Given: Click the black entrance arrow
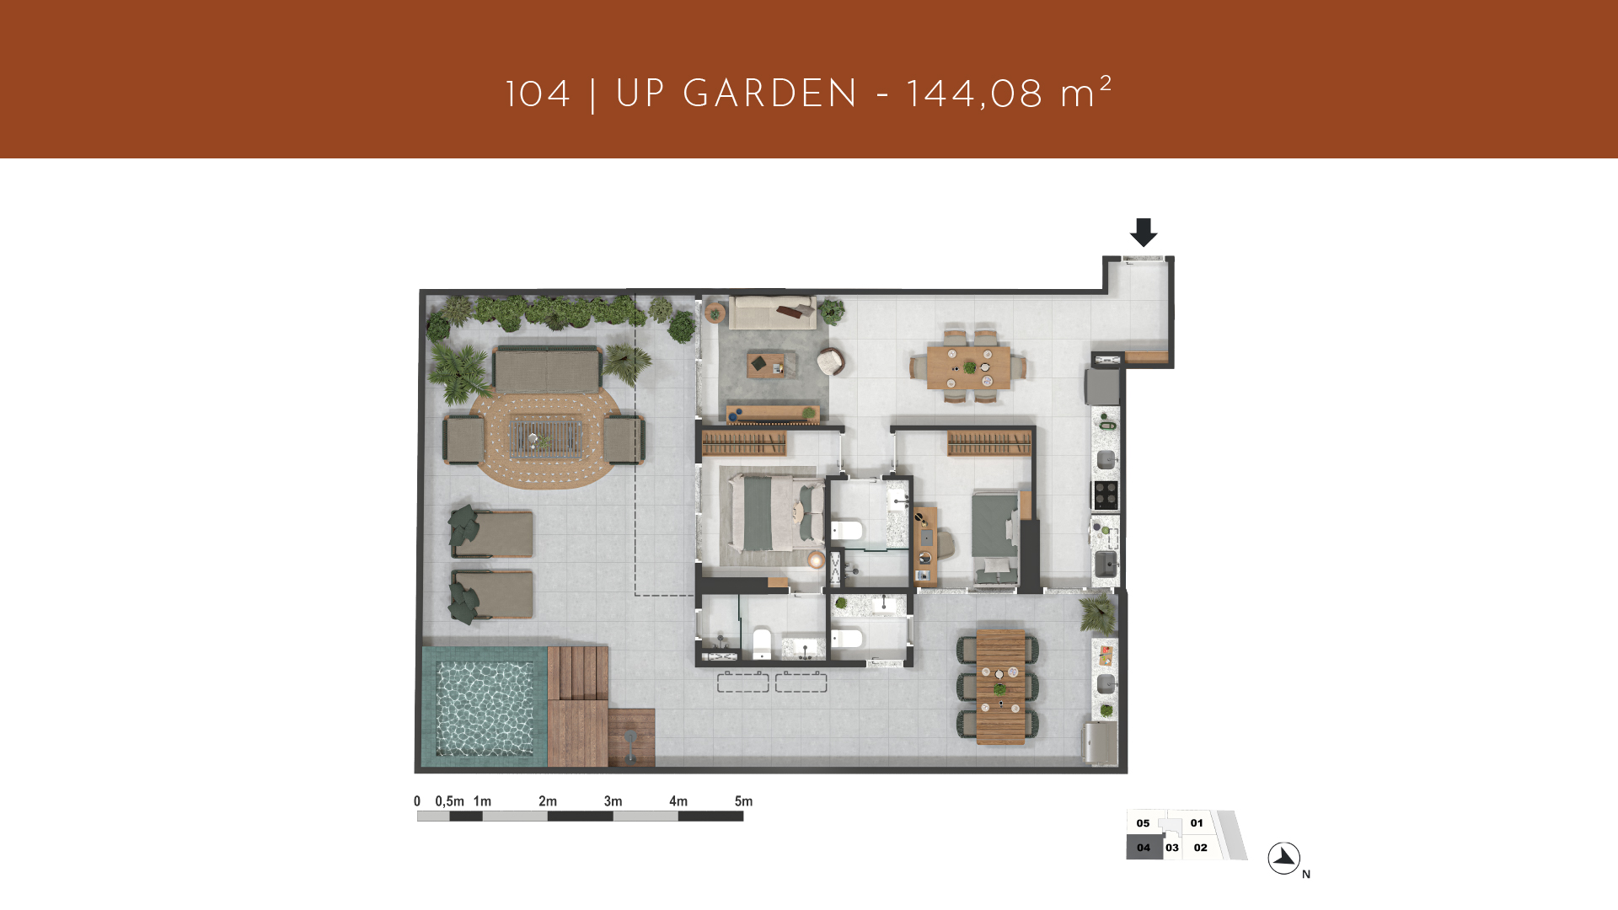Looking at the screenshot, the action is pos(1144,233).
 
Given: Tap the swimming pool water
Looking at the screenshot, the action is pos(485,708).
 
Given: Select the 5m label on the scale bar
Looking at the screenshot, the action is pos(743,801).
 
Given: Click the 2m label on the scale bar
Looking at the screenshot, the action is pos(548,801).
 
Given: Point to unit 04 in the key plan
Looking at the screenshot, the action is pos(1144,848).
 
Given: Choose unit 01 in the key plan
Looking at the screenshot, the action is pos(1197,823).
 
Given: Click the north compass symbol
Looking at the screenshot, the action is pos(1284,859).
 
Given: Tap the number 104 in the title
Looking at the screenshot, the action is pos(538,94).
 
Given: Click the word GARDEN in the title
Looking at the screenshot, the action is pos(770,94).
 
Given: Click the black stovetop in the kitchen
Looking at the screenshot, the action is pos(1106,495).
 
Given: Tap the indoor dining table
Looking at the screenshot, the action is pos(968,367).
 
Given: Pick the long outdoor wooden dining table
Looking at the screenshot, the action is pos(1000,688).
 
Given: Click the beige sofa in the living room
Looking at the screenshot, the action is pos(773,312).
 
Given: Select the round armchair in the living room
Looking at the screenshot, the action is pos(831,361).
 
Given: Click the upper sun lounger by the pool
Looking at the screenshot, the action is pos(491,533).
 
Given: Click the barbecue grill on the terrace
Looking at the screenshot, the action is pos(1101,743).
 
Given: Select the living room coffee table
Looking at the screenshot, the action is pos(766,365).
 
